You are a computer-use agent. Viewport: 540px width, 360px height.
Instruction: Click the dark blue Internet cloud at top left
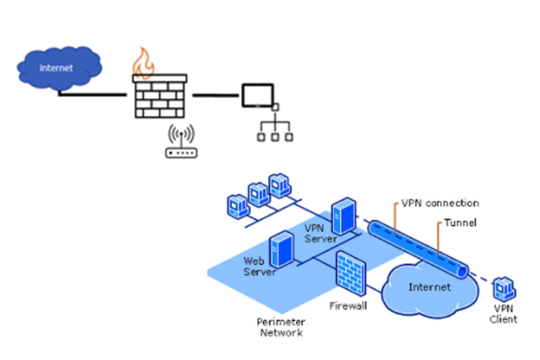pyautogui.click(x=56, y=68)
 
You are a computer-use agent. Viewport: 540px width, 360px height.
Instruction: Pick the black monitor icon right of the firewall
pyautogui.click(x=256, y=95)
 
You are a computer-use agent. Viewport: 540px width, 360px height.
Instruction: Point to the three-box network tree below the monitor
pyautogui.click(x=274, y=126)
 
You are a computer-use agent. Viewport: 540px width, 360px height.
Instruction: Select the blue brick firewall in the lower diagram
pyautogui.click(x=350, y=271)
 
